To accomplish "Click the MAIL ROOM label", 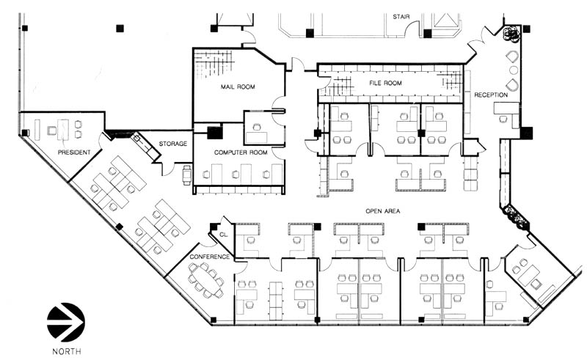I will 238,87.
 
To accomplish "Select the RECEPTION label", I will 491,95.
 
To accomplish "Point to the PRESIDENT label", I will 74,153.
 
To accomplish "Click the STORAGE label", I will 173,144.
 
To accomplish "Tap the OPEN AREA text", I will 382,211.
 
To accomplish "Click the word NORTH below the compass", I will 67,350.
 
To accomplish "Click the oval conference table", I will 205,279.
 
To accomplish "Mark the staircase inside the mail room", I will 215,64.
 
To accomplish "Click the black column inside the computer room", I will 215,133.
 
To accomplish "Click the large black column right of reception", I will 527,133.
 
